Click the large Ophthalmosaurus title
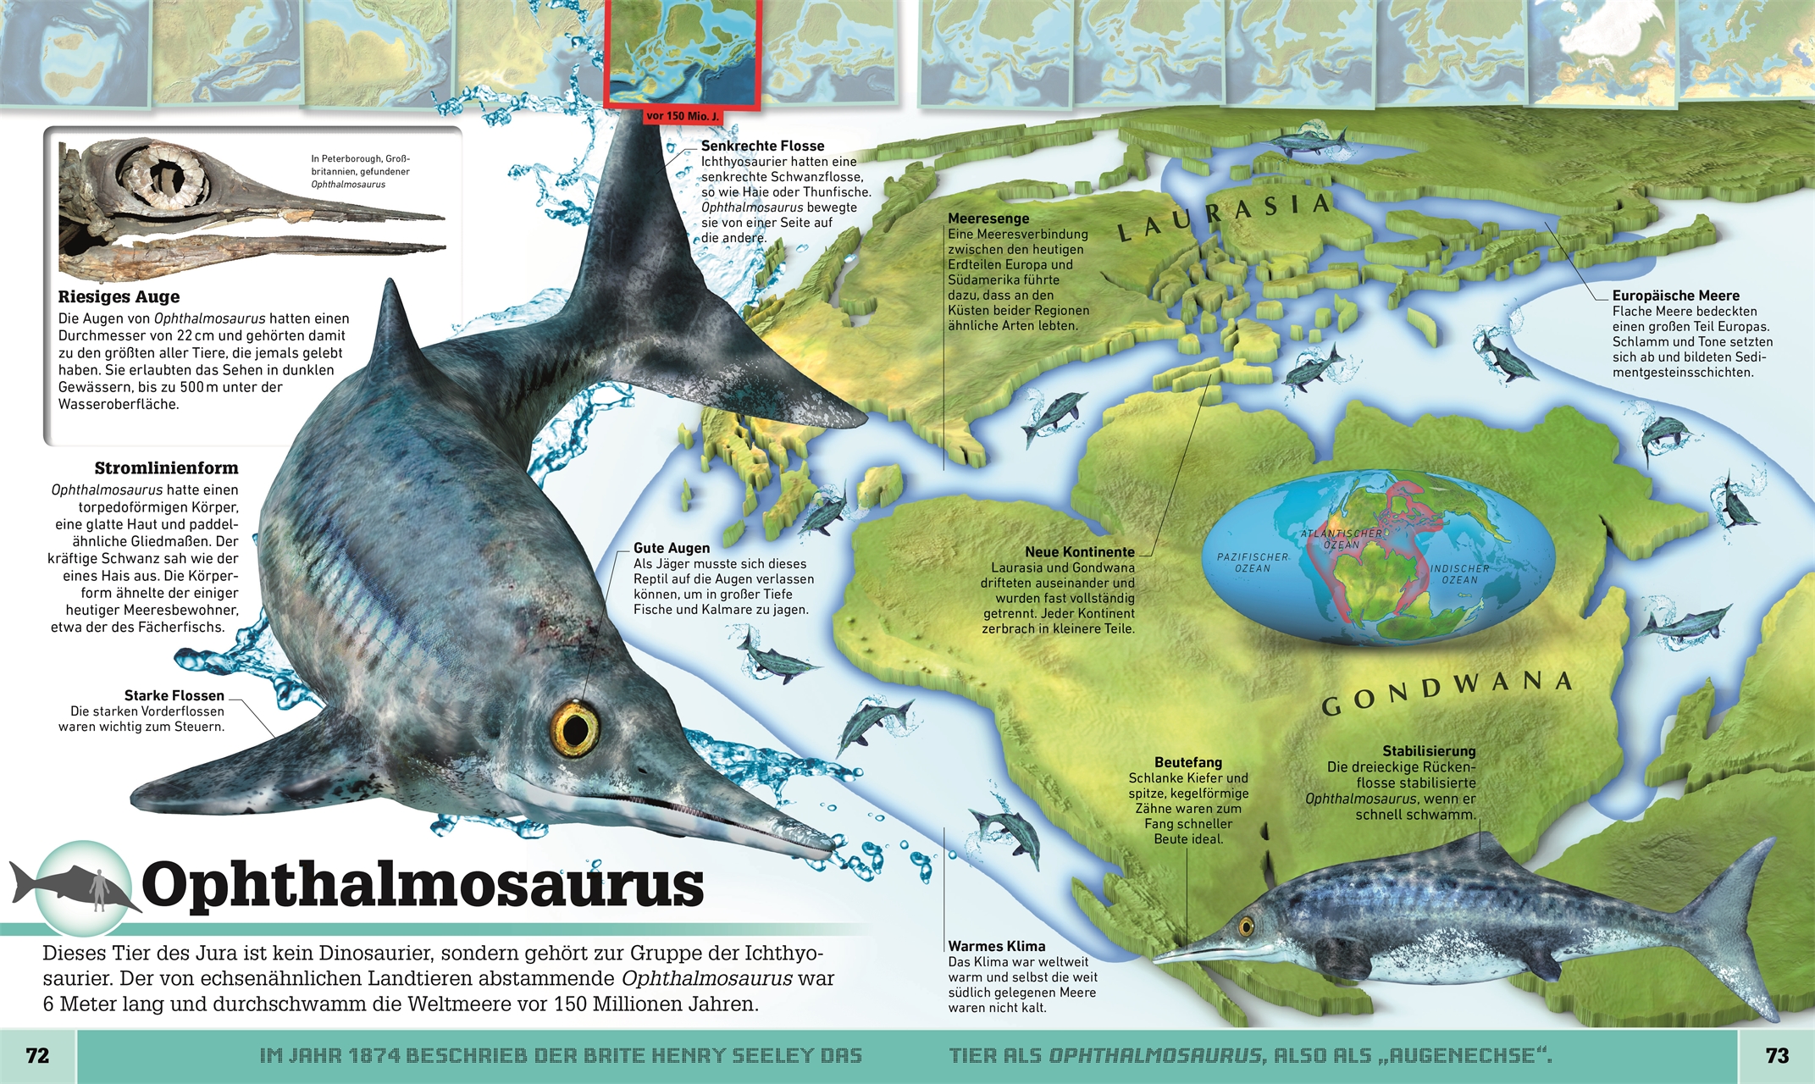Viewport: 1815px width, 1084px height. coord(422,885)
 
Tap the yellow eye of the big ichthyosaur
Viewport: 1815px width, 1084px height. coord(574,729)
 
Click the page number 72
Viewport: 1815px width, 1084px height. coord(37,1055)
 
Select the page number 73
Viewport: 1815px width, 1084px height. coord(1777,1055)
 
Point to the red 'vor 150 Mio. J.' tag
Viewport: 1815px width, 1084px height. coord(682,116)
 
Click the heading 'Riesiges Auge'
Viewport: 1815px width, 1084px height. coord(119,296)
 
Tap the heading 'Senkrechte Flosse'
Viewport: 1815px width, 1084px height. coord(762,146)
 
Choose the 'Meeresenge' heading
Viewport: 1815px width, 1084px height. coord(988,218)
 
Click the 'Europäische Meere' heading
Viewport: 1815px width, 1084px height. coord(1675,296)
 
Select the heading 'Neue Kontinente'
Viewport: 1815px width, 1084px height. coord(1079,552)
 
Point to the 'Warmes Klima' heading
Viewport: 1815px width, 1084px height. coord(996,946)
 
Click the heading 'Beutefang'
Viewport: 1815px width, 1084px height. coord(1187,762)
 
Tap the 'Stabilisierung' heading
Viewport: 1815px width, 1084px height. coord(1429,751)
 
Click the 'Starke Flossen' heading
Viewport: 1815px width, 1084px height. coord(174,695)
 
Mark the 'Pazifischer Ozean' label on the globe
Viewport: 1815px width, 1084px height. coord(1252,562)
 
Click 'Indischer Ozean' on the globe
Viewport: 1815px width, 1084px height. coord(1459,574)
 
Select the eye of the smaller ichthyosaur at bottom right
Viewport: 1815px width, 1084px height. coord(1246,926)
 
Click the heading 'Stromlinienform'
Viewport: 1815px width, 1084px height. coord(166,468)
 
